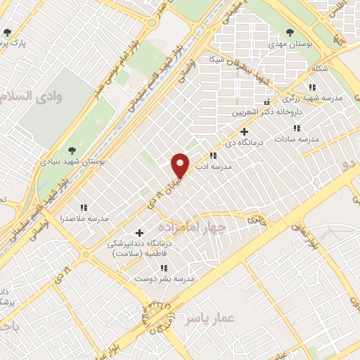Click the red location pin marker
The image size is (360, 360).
click(181, 164)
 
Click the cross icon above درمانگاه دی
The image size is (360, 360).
click(244, 131)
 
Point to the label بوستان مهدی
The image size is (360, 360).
click(290, 44)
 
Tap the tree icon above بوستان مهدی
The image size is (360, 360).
click(290, 32)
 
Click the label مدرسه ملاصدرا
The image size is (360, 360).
click(84, 219)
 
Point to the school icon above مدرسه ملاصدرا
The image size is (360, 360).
click(84, 207)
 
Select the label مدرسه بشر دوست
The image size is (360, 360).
click(164, 279)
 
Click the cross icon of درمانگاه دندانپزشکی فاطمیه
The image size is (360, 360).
click(139, 233)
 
